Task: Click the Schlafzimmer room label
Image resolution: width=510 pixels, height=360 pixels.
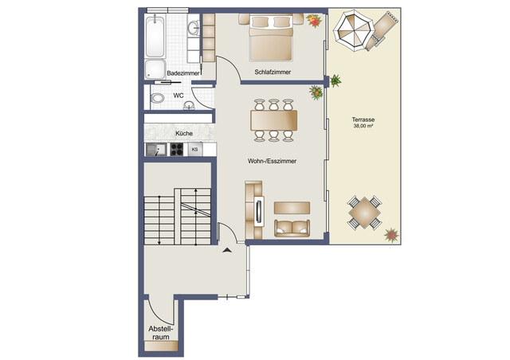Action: pos(273,72)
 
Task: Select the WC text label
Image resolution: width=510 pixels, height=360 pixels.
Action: pos(178,96)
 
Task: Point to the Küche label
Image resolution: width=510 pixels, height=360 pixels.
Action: pos(183,134)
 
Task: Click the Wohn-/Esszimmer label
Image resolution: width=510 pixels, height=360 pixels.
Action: pos(272,160)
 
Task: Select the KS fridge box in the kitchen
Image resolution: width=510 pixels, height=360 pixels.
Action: pos(194,149)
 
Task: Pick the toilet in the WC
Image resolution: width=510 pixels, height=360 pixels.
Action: pos(158,98)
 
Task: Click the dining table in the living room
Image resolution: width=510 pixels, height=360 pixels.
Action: pos(273,119)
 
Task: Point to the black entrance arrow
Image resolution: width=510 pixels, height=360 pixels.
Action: pos(228,251)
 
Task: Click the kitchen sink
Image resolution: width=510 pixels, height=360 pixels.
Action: pos(155,149)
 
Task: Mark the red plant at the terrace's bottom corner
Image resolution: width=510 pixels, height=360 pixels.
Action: pos(390,235)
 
